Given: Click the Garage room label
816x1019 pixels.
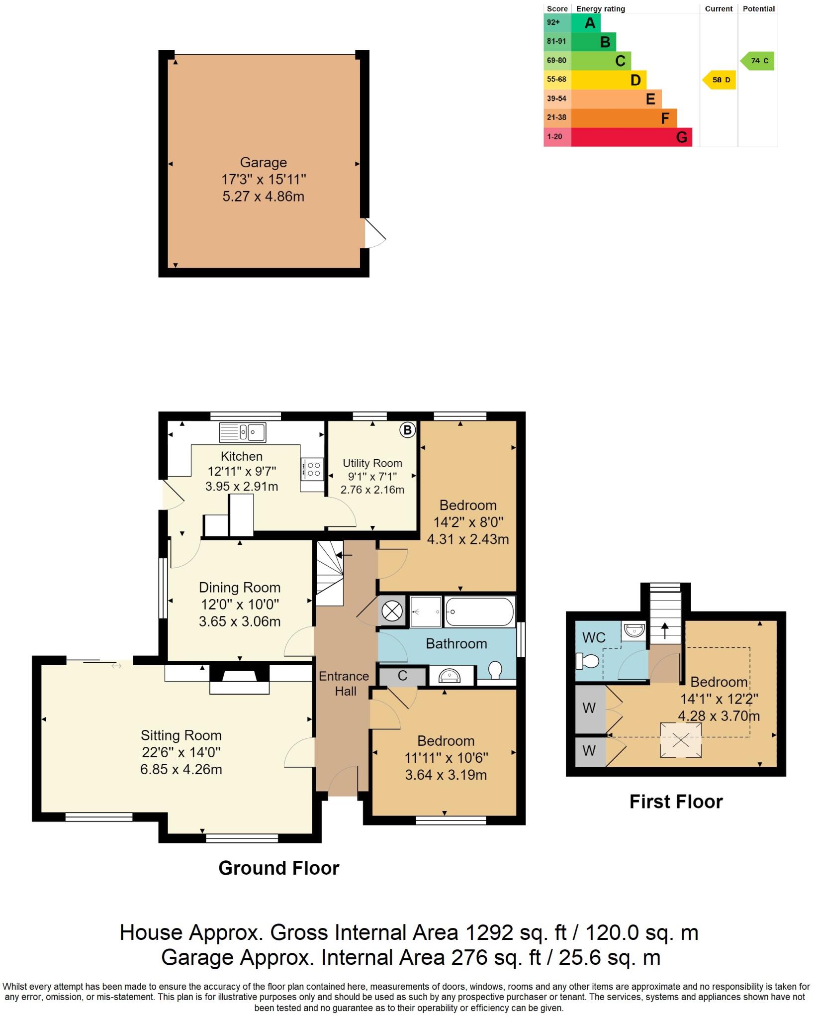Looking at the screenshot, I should [x=263, y=163].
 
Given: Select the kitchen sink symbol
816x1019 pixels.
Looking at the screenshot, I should [x=243, y=432].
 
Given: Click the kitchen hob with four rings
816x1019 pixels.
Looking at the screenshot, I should [x=313, y=469].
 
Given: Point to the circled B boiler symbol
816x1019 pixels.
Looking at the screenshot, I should [x=407, y=430].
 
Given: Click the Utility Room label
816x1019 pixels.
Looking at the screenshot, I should [x=372, y=463].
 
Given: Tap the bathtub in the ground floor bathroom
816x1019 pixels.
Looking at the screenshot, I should [x=479, y=612].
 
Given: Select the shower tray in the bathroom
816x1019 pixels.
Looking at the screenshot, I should [x=426, y=611].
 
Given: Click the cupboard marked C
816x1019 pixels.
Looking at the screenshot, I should [x=402, y=676].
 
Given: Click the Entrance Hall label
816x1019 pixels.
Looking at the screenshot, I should [x=345, y=684].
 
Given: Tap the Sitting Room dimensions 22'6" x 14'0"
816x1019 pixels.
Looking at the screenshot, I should [x=181, y=752].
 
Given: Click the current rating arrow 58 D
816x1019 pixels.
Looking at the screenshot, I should [x=720, y=80].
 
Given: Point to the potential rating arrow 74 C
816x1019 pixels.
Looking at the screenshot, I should [x=758, y=61].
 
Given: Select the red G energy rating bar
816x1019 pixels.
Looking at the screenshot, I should [x=632, y=137].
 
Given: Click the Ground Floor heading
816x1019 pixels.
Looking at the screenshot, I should [x=278, y=868].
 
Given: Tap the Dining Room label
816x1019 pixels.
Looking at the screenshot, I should [x=240, y=588].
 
